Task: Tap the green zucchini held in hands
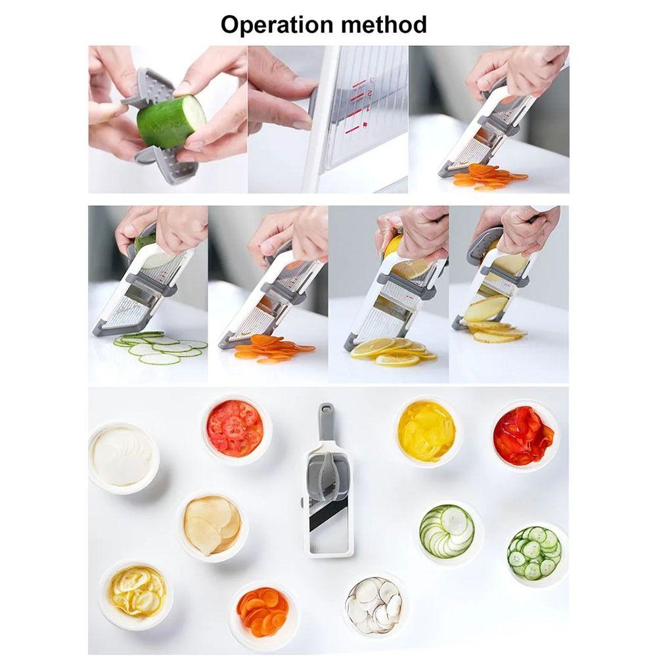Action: point(170,121)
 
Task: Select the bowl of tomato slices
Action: point(235,429)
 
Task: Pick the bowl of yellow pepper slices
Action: point(426,431)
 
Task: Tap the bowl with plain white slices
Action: point(123,457)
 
